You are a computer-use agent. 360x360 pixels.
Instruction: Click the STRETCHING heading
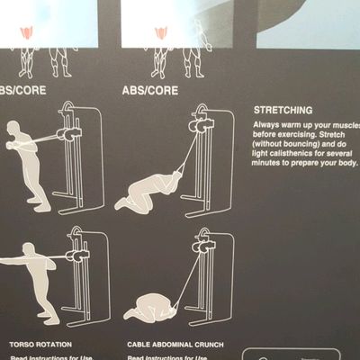point(282,109)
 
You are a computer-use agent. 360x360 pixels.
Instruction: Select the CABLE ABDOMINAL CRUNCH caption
point(175,344)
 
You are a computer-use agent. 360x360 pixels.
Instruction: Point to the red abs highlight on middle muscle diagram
point(161,33)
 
